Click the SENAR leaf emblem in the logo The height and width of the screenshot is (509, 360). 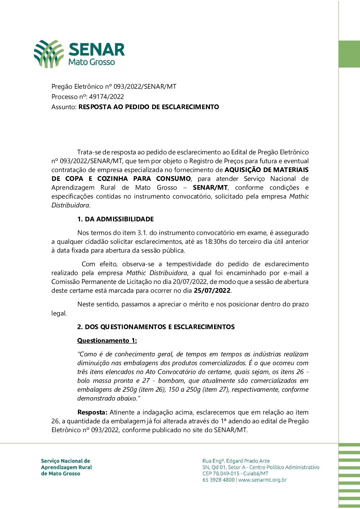coord(49,54)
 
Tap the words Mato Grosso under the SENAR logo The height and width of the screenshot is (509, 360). coord(92,62)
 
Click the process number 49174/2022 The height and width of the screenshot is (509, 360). coord(106,97)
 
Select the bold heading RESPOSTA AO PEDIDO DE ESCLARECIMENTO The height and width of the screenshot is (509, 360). coord(149,107)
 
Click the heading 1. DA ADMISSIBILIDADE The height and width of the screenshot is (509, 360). coord(115,219)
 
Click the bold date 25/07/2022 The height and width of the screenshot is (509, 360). coord(212,291)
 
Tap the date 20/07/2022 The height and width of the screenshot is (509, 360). coord(190,282)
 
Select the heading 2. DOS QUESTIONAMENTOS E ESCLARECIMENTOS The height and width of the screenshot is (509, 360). coord(156,327)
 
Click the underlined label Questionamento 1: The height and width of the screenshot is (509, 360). coord(107,340)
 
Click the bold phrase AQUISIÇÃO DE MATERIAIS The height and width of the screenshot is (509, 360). coord(266,170)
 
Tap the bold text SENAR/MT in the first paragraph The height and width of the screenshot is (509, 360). coord(210,188)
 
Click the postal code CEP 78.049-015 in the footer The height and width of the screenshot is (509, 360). coord(221,473)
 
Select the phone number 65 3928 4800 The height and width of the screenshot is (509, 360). coord(218,480)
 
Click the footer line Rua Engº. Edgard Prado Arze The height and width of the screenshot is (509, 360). coord(236,461)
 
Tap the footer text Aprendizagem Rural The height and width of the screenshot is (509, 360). coord(66,467)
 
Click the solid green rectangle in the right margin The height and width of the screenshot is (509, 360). coord(349,54)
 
